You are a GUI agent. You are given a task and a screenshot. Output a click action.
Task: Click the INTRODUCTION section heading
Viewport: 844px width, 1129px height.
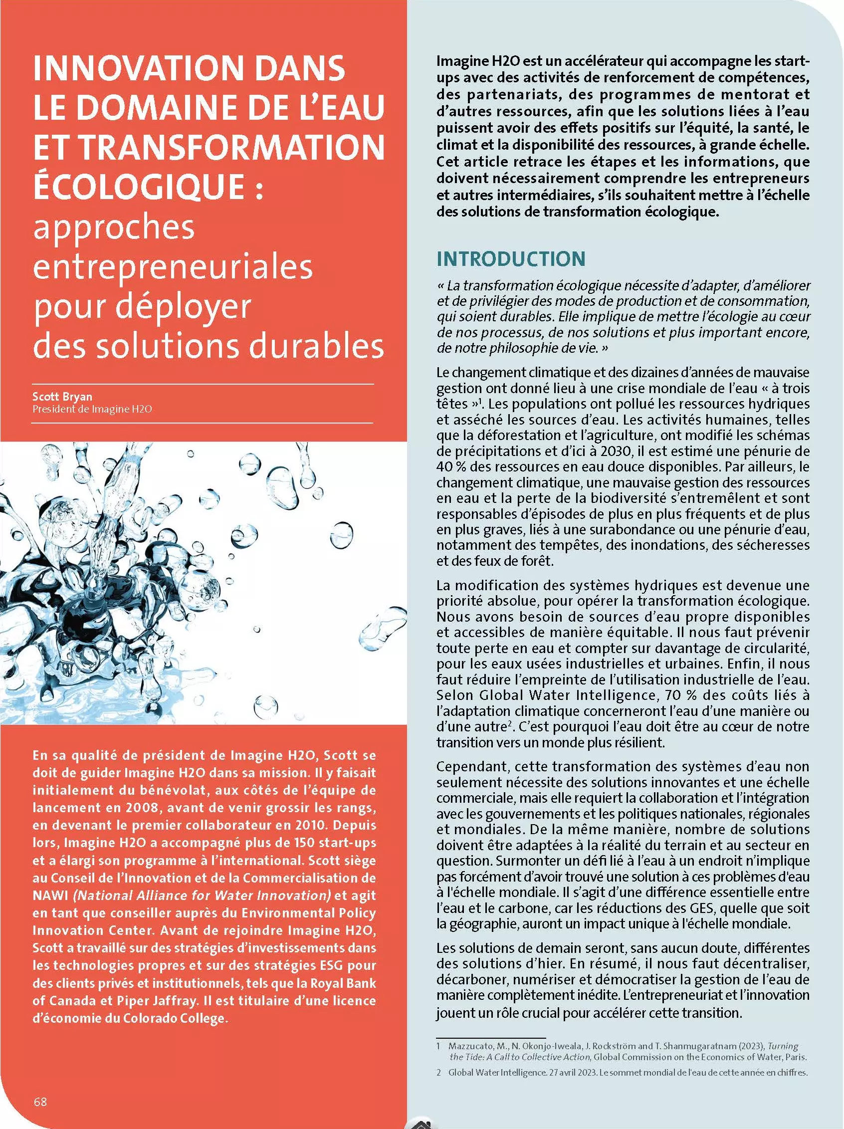(x=510, y=259)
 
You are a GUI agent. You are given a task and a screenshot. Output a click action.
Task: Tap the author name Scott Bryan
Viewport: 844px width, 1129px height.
(x=62, y=396)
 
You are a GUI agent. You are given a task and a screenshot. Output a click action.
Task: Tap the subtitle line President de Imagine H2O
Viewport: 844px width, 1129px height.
(x=92, y=409)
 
